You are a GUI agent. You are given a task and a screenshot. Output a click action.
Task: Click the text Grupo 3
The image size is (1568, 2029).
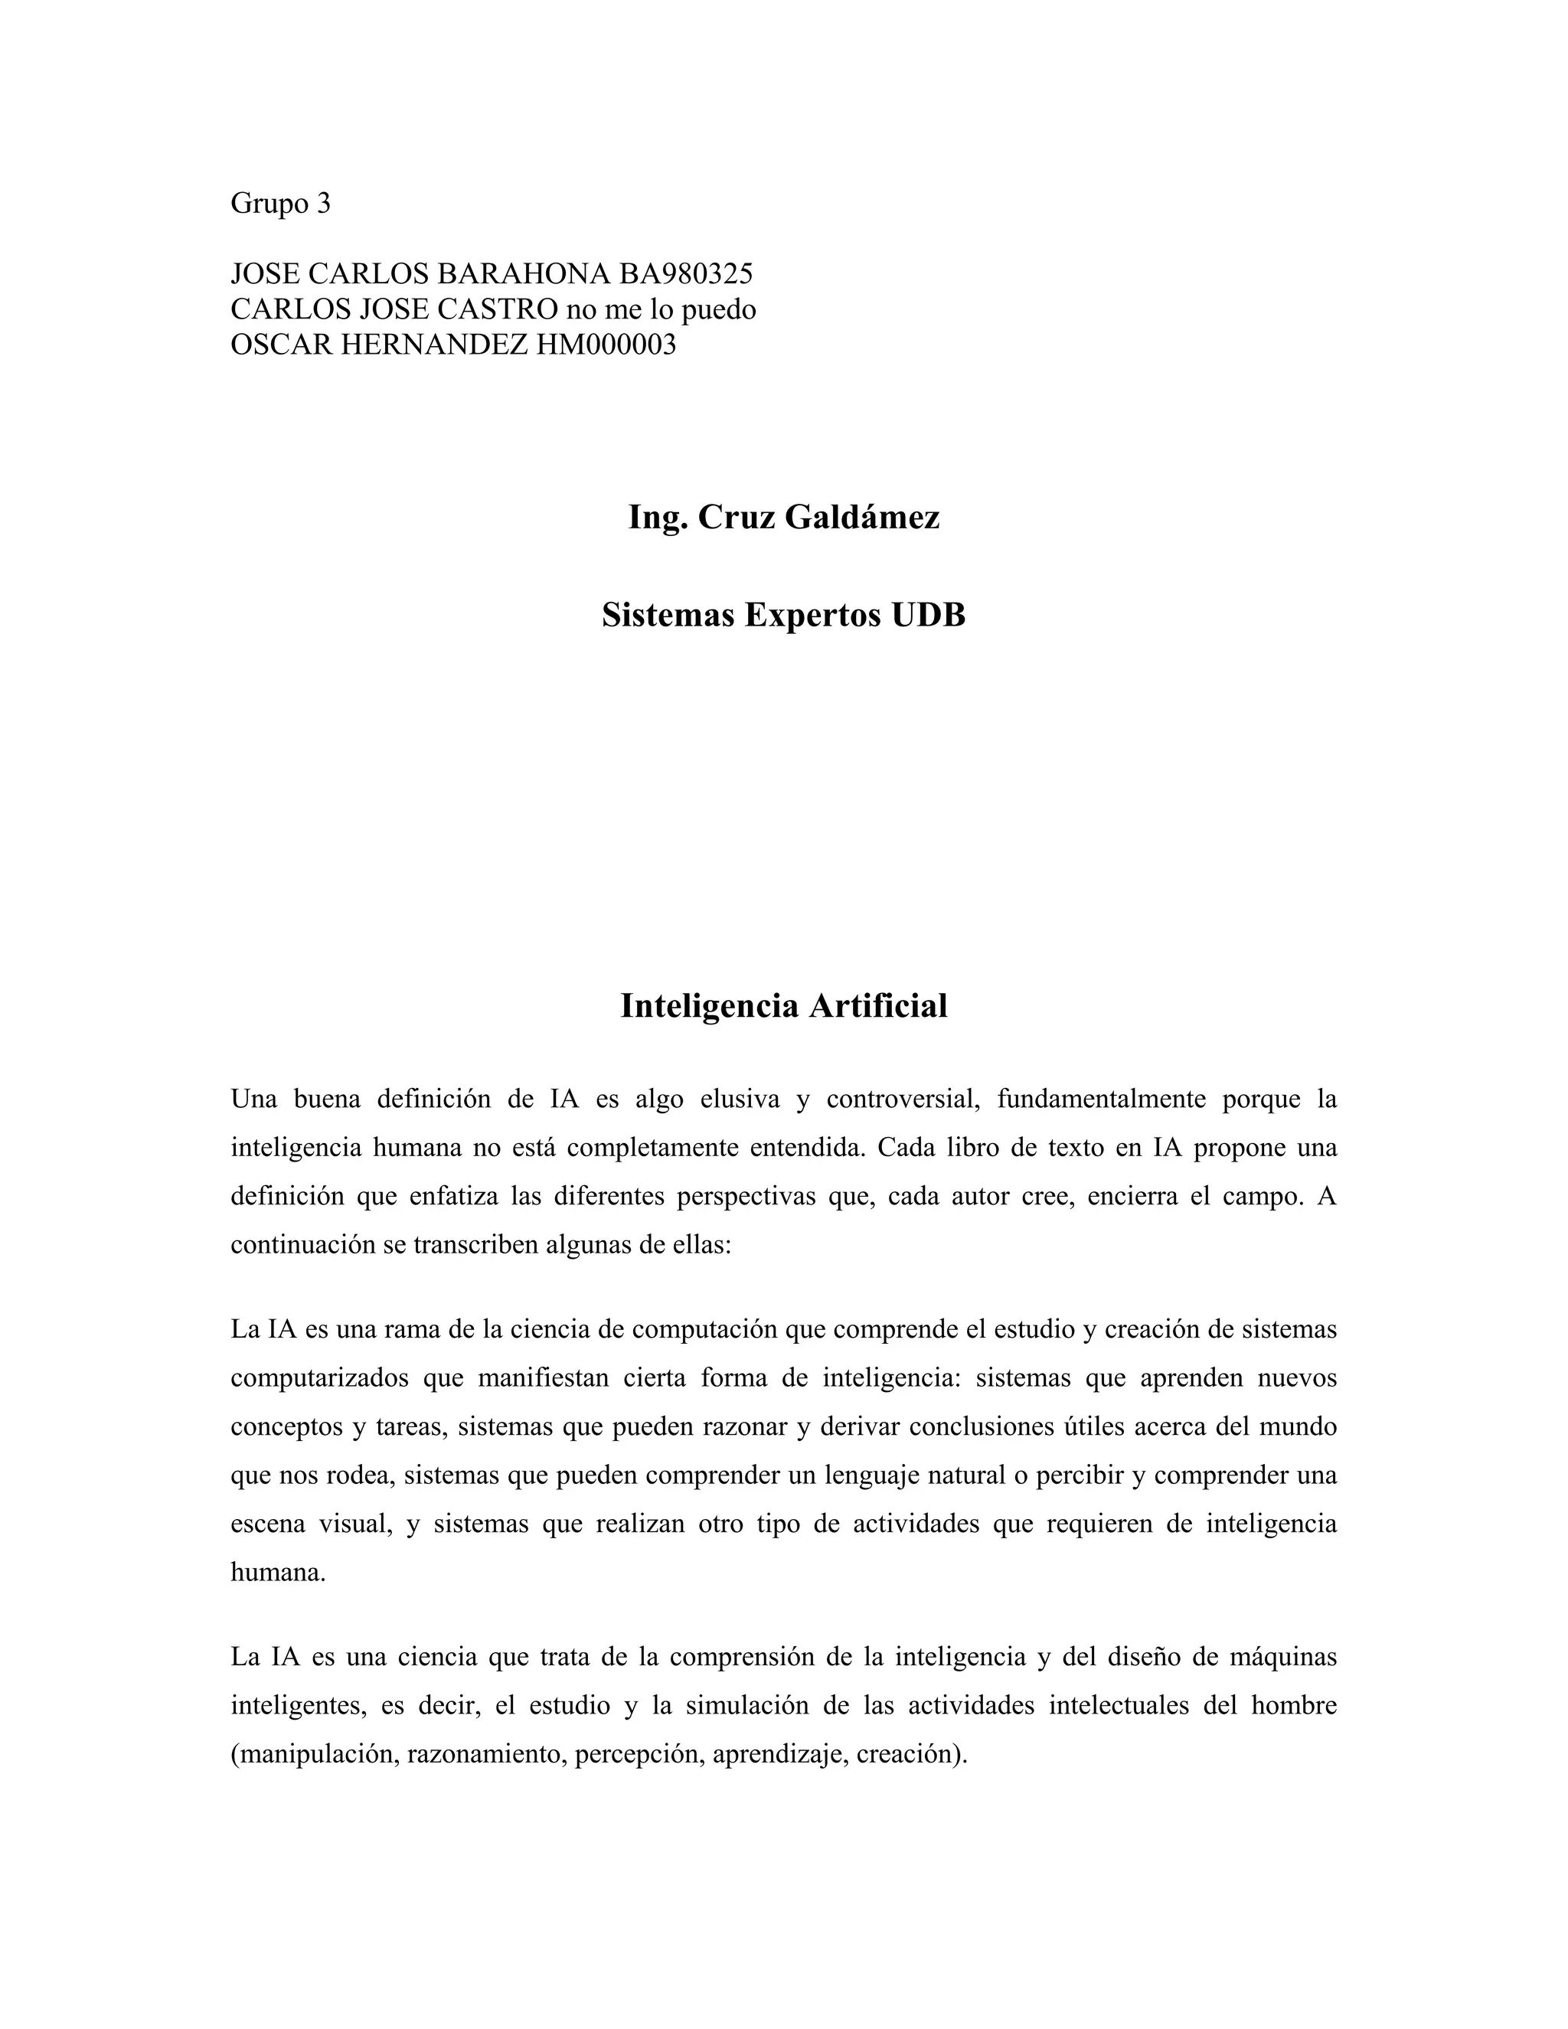(x=279, y=204)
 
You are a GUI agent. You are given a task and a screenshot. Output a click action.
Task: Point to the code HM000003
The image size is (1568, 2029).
(x=606, y=345)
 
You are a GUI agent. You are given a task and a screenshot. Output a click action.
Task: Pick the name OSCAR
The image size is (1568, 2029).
(x=282, y=345)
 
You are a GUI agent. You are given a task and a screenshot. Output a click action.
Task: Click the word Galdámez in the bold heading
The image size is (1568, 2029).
(x=862, y=518)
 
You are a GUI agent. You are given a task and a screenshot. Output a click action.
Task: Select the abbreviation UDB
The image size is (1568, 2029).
(x=928, y=615)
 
